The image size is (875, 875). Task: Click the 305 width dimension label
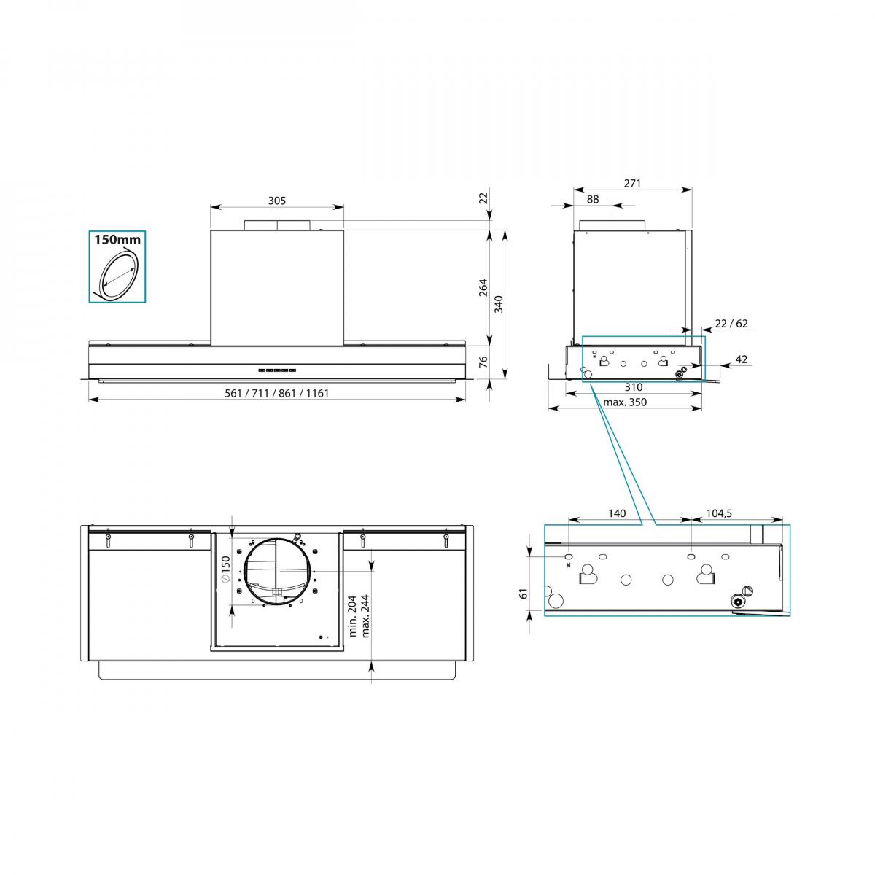click(x=276, y=201)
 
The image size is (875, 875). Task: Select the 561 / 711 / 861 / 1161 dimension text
click(x=276, y=393)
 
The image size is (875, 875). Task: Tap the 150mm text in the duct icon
click(x=117, y=240)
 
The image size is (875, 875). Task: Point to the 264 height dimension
click(x=483, y=287)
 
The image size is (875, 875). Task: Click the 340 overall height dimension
click(x=499, y=304)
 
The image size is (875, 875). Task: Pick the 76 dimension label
click(x=483, y=362)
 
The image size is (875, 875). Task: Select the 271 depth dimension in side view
click(x=632, y=183)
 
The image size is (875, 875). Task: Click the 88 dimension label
click(x=593, y=199)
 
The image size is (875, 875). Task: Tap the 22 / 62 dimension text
click(x=731, y=323)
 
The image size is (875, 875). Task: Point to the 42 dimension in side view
click(x=741, y=359)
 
